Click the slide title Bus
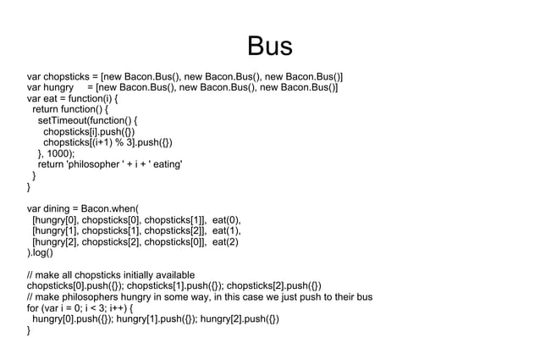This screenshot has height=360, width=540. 269,47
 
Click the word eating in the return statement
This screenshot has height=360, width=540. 165,164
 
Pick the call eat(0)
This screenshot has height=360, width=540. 226,219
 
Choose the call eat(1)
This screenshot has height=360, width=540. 226,230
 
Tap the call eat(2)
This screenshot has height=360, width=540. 226,241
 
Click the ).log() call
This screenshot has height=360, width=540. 40,252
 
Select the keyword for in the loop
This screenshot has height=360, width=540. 34,307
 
